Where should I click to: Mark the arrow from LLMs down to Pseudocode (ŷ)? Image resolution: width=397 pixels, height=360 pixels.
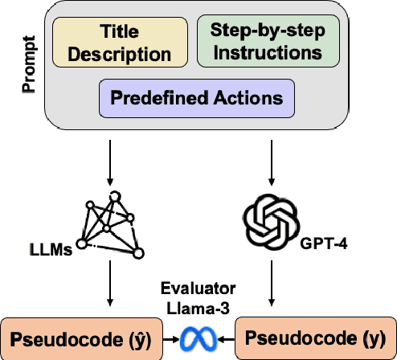108,290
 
